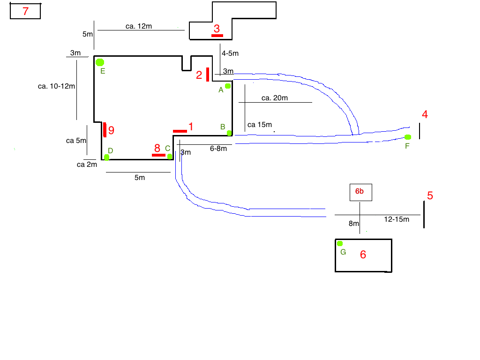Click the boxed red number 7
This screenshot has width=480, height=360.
point(25,11)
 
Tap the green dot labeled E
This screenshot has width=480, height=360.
point(99,62)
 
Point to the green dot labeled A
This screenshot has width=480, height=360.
point(227,86)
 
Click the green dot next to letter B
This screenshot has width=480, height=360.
point(229,133)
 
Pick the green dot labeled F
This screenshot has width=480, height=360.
point(407,137)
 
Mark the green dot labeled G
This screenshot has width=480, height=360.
point(340,243)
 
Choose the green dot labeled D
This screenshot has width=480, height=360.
point(106,157)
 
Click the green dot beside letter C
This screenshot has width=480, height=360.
point(170,156)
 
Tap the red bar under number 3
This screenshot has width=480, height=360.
point(217,35)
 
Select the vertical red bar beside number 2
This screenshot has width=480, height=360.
point(207,74)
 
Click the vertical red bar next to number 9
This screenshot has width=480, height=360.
point(105,130)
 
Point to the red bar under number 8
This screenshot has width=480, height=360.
point(158,155)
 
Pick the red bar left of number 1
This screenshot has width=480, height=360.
point(180,131)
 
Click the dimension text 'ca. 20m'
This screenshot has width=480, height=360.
point(274,97)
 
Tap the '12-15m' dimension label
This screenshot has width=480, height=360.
point(396,219)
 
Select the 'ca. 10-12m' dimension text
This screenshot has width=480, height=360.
point(56,86)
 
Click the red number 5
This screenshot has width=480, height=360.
point(430,196)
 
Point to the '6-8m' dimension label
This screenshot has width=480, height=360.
point(218,148)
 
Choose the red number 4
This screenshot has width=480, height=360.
point(425,114)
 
